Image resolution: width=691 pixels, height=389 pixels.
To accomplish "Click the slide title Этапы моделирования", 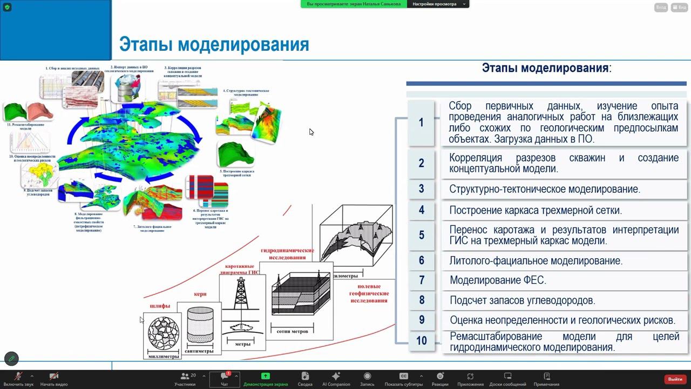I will pyautogui.click(x=214, y=44).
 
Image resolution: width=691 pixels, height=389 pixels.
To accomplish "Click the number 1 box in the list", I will pyautogui.click(x=421, y=123).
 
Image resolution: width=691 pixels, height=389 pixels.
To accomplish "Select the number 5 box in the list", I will pyautogui.click(x=421, y=235).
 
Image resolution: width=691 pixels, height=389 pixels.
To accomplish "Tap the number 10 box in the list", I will pyautogui.click(x=421, y=341).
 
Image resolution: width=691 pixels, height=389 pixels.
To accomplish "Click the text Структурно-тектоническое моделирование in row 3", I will pyautogui.click(x=544, y=189).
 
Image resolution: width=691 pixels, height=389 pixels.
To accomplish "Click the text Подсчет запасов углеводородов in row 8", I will pyautogui.click(x=522, y=300).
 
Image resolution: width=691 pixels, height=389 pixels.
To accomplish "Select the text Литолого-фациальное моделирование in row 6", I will pyautogui.click(x=536, y=261).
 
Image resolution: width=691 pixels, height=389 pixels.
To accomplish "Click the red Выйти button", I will pyautogui.click(x=675, y=379).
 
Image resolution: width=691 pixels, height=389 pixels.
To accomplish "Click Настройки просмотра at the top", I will pyautogui.click(x=435, y=4).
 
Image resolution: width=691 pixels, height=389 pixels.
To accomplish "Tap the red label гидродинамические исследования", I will pyautogui.click(x=287, y=254).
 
